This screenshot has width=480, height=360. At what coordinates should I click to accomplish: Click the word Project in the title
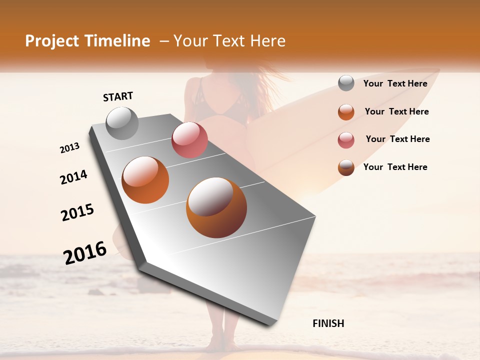(x=52, y=41)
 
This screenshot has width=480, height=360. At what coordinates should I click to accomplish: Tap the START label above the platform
(x=118, y=96)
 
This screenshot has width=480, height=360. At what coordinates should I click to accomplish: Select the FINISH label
(x=328, y=323)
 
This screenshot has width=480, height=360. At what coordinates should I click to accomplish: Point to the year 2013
(x=69, y=148)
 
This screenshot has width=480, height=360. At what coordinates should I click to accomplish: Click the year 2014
(x=73, y=177)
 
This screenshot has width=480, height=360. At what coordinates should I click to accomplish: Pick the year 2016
(x=85, y=252)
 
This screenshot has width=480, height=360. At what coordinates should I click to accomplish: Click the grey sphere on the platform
(x=122, y=123)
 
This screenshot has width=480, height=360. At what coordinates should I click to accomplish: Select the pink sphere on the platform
(x=189, y=140)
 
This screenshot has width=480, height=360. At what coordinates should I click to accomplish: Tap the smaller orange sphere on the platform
(x=145, y=179)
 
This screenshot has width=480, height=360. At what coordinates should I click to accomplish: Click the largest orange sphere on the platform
(x=216, y=207)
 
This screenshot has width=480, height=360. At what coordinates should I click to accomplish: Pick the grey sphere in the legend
(x=346, y=83)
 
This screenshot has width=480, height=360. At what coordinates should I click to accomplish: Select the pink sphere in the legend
(x=346, y=140)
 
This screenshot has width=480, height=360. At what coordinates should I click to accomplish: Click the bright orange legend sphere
(x=346, y=112)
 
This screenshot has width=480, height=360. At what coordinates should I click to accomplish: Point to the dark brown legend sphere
(x=346, y=167)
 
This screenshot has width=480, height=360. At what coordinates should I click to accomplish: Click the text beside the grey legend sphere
(x=395, y=84)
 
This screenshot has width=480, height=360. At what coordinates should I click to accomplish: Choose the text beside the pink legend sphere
(x=397, y=139)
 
